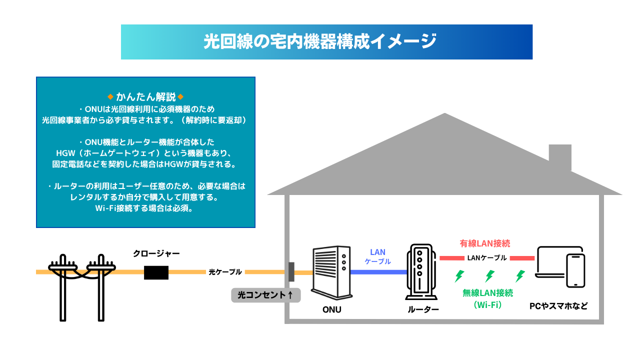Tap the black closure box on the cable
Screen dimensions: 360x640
pos(156,272)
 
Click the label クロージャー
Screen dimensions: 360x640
pos(156,253)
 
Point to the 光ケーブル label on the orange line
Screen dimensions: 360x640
pos(225,272)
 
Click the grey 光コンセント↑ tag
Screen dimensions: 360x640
pos(265,295)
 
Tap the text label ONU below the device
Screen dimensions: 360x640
pos(331,309)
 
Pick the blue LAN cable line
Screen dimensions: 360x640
pos(378,272)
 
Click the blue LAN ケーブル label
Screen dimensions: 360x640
pos(377,256)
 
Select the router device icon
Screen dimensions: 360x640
pos(420,273)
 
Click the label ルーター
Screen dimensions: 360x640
pos(423,309)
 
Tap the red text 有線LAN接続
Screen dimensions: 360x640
pos(485,243)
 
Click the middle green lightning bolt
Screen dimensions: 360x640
pos(490,276)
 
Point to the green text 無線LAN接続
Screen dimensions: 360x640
pos(487,293)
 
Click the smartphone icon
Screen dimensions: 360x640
pos(575,270)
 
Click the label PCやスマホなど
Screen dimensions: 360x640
pos(558,305)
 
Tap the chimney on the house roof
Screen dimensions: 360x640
pos(560,156)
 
